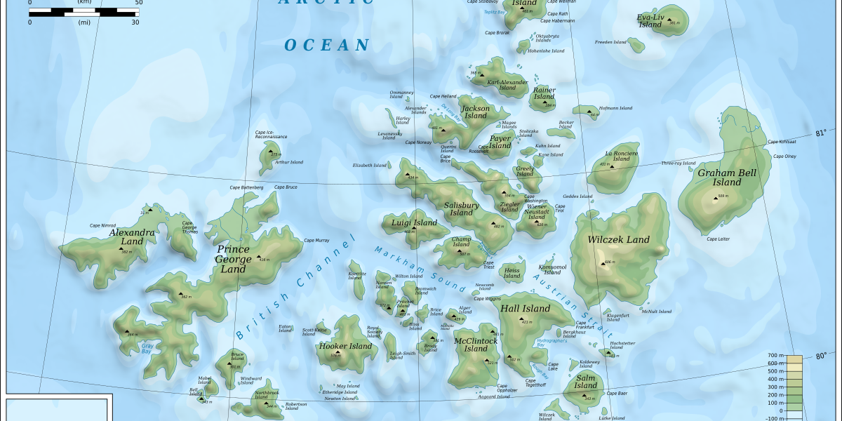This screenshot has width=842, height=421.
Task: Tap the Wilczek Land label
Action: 619,239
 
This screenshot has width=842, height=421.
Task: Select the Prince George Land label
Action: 234,259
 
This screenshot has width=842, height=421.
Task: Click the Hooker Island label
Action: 345,346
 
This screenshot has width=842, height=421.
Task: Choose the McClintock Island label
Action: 476,345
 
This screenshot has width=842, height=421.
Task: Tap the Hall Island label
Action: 526,309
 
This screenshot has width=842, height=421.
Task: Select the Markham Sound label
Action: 420,269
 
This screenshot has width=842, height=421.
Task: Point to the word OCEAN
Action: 326,46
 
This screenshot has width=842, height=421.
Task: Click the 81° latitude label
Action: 821,133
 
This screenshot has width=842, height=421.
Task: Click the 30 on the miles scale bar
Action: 135,22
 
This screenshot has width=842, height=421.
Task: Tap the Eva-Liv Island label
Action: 650,20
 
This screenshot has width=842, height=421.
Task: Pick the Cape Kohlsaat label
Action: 782,142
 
